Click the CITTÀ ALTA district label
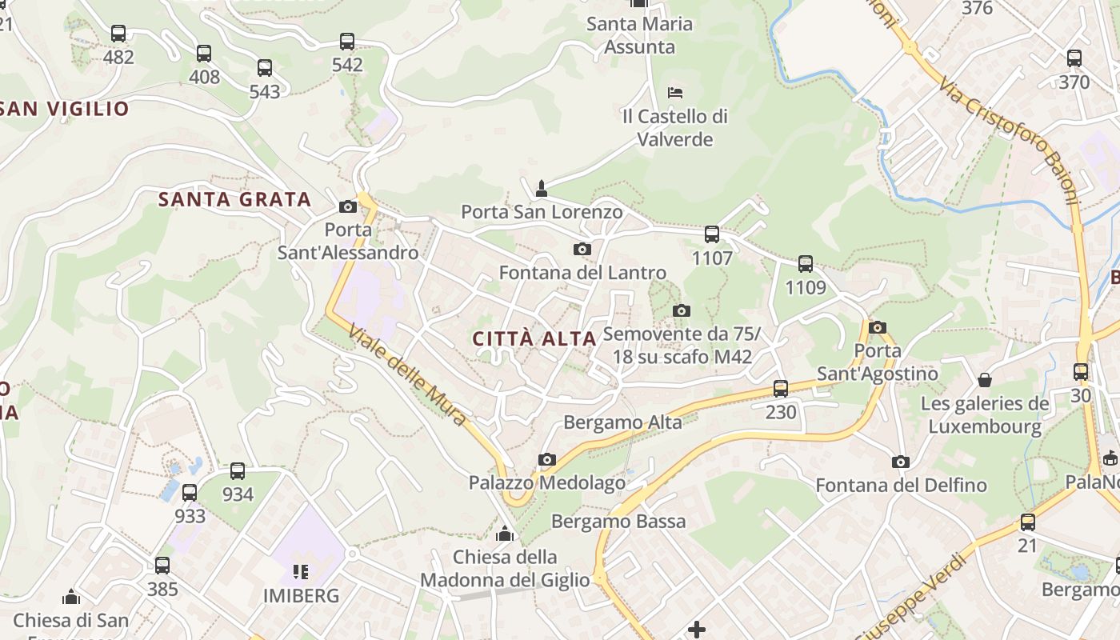pyautogui.click(x=534, y=338)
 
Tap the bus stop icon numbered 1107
pyautogui.click(x=712, y=234)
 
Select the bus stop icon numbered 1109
pyautogui.click(x=806, y=264)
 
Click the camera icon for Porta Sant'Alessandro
pyautogui.click(x=348, y=207)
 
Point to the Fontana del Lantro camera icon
pyautogui.click(x=582, y=250)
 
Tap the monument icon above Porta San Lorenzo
pyautogui.click(x=542, y=189)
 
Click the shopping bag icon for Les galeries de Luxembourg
pyautogui.click(x=985, y=380)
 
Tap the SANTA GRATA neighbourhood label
pyautogui.click(x=234, y=199)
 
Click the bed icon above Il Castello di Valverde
pyautogui.click(x=675, y=93)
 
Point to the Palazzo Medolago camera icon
pyautogui.click(x=547, y=459)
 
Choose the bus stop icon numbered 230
pyautogui.click(x=781, y=389)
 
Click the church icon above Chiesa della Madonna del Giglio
pyautogui.click(x=505, y=534)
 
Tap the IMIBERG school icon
pyautogui.click(x=301, y=571)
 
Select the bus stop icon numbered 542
pyautogui.click(x=347, y=42)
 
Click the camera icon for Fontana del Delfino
pyautogui.click(x=901, y=462)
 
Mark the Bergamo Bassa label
pyautogui.click(x=618, y=522)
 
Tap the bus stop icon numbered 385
pyautogui.click(x=162, y=566)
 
